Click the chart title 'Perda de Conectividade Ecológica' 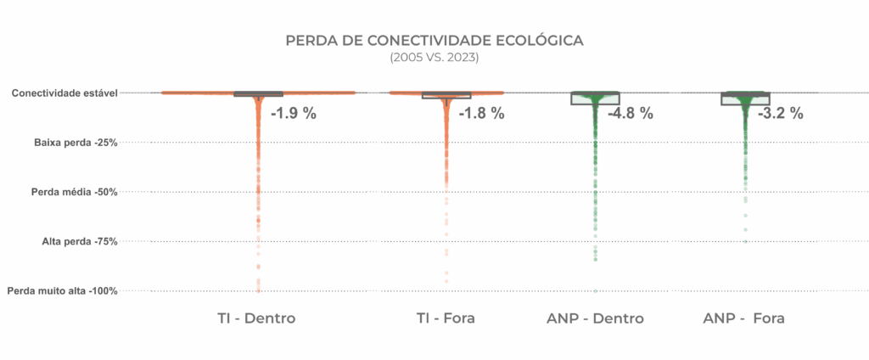pos(434,41)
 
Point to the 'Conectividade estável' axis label pos(64,93)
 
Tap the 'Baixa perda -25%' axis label pos(76,142)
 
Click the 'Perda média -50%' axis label pos(74,192)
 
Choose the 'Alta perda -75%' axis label pos(79,241)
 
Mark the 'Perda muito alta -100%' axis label pos(62,291)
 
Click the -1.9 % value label pos(293,113)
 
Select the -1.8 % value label pos(481,113)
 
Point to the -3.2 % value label pos(780,113)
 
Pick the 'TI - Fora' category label pos(446,319)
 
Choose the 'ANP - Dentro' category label pos(595,319)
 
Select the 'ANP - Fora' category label pos(744,319)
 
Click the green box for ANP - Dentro pos(595,98)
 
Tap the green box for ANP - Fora pos(744,98)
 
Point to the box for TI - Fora pos(446,95)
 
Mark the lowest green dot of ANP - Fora pos(746,241)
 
